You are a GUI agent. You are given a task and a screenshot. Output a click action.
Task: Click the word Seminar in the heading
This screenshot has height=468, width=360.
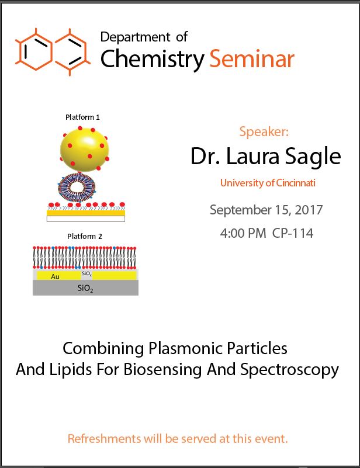(x=252, y=59)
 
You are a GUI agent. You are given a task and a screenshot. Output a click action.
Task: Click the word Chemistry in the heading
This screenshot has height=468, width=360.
(x=152, y=60)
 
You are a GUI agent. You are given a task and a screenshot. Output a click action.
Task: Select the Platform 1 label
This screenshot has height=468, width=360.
(x=82, y=117)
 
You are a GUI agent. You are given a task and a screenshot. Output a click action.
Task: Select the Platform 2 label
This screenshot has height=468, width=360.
(x=85, y=237)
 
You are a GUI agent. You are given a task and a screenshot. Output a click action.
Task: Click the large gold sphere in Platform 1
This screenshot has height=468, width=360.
(x=85, y=150)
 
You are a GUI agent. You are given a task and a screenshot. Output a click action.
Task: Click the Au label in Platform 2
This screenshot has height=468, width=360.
(x=55, y=277)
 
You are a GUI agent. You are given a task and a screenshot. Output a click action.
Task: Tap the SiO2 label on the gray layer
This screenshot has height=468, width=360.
(x=85, y=288)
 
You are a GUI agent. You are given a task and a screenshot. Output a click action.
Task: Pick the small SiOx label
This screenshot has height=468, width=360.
(x=86, y=273)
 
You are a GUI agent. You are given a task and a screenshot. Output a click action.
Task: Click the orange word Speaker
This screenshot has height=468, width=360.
(x=264, y=131)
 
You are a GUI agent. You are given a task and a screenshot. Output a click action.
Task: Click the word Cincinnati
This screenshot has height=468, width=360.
(x=296, y=183)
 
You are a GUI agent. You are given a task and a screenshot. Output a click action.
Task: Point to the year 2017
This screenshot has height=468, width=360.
(x=309, y=210)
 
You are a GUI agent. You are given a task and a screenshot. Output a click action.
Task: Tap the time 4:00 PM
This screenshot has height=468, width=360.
(x=243, y=233)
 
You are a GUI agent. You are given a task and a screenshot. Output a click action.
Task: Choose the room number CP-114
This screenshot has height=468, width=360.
(x=293, y=233)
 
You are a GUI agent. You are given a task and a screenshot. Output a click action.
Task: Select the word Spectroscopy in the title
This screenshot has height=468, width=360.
(x=289, y=370)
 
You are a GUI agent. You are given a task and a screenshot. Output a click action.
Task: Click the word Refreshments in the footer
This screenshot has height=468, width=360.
(x=104, y=439)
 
